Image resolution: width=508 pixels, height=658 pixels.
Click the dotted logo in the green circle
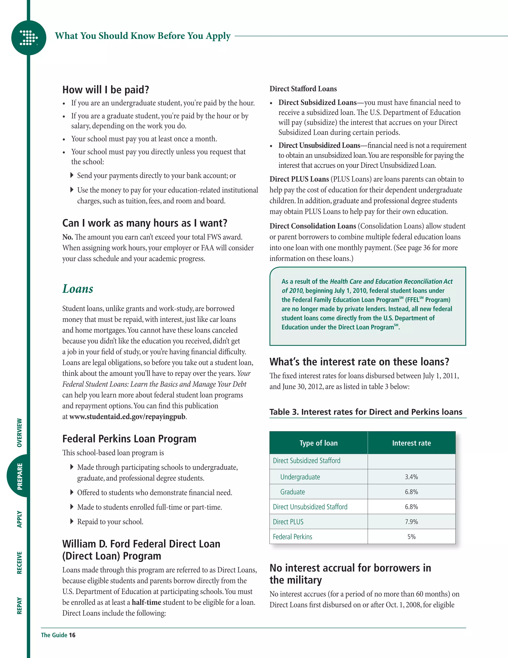coord(29,38)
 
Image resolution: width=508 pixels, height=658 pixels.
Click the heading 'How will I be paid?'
coord(106,90)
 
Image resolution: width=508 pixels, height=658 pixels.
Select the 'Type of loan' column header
coord(318,443)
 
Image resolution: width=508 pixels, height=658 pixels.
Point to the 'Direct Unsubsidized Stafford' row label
coord(310,507)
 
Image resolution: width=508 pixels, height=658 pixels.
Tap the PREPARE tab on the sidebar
coord(20,476)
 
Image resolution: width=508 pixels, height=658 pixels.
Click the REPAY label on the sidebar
coord(20,606)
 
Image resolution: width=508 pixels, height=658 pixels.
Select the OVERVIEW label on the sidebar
coord(20,433)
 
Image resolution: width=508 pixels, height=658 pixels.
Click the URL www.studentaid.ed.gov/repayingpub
coord(127,417)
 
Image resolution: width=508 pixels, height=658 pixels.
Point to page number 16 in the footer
coord(72,635)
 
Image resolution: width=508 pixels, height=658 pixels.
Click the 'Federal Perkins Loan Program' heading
coord(129,439)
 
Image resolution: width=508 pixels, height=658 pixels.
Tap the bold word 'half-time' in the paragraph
coord(146,602)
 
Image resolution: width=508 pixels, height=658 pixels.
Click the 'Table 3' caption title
coord(365,412)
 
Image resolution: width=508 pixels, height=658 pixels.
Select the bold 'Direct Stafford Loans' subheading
coord(303,89)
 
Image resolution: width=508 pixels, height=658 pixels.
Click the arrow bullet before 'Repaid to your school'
coord(72,521)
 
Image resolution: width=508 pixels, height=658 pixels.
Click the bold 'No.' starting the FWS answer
coord(67,237)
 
